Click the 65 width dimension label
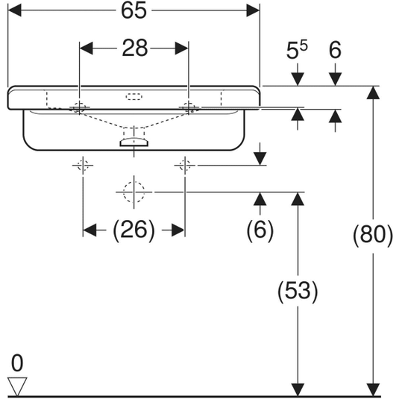[x=133, y=10]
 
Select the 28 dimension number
[x=134, y=48]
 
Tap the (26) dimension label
[x=133, y=230]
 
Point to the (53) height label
[x=298, y=292]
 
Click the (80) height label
[x=373, y=235]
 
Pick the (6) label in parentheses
[x=260, y=230]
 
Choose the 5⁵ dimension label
[x=296, y=50]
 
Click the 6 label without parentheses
[x=335, y=50]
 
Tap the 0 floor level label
[x=17, y=363]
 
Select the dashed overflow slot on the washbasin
[x=133, y=97]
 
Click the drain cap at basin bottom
[x=133, y=142]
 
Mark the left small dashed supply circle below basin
[x=83, y=166]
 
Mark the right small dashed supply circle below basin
[x=185, y=166]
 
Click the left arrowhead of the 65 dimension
[x=14, y=10]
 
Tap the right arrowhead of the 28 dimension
[x=182, y=48]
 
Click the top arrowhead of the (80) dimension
[x=373, y=92]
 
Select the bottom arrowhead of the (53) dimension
[x=298, y=390]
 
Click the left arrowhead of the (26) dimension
[x=89, y=230]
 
